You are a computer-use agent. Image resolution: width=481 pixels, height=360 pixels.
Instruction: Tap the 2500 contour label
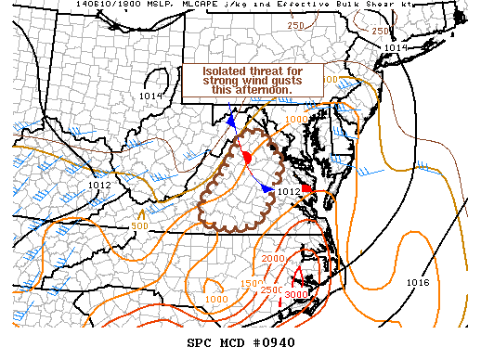pos(273,290)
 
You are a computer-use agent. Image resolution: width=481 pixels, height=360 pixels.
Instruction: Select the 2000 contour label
pos(273,258)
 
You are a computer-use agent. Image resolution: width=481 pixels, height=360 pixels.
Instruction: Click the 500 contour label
pos(139,226)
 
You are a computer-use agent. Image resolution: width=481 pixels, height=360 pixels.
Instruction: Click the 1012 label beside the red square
pos(289,191)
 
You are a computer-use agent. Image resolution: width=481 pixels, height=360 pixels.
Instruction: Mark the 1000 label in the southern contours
pos(215,299)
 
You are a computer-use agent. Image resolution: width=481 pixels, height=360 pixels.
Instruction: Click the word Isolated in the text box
pos(225,71)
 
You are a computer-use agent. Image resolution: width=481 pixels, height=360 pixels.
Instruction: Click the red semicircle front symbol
pos(248,159)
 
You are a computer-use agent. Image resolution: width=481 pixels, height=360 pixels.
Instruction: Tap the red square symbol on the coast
pos(307,188)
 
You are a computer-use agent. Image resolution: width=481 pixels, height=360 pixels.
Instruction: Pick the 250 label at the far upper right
pos(379,32)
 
